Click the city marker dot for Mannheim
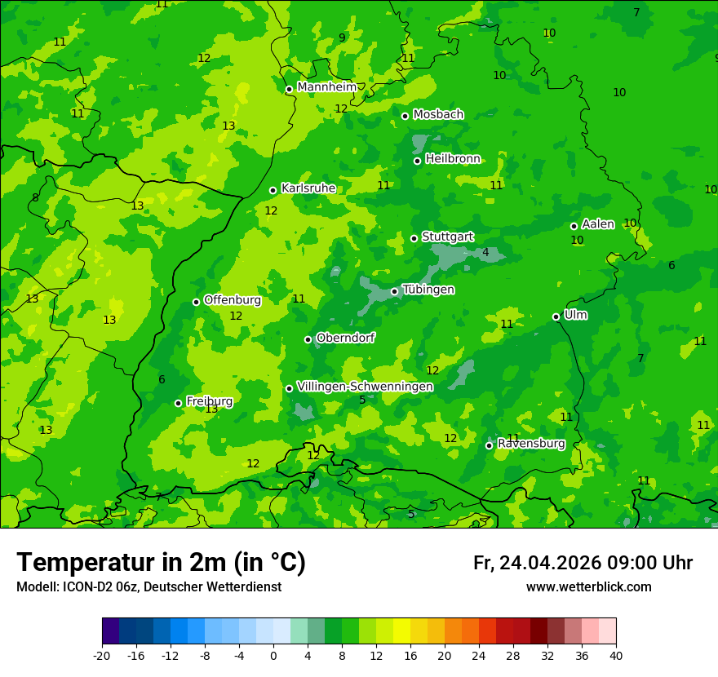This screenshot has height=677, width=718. point(289,90)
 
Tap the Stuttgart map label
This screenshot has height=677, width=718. point(447,237)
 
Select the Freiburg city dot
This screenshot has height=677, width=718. point(178,403)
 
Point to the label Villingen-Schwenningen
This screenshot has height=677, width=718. point(365,387)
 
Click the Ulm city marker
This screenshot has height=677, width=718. point(556,316)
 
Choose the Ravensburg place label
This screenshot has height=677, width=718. point(530,444)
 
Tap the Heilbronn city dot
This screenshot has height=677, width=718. point(417,161)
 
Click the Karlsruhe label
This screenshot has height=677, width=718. point(308,188)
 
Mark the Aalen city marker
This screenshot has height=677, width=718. point(574,226)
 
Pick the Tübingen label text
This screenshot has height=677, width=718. point(428,290)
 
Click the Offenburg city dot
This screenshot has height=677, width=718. point(196,302)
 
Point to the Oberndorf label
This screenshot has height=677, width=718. point(345,338)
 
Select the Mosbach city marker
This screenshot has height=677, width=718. point(405,116)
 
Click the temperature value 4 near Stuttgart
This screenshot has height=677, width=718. point(485,253)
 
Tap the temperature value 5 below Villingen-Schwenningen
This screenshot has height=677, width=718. point(362,400)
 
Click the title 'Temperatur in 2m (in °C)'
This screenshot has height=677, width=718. point(161,562)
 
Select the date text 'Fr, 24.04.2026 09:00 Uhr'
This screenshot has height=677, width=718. point(583,563)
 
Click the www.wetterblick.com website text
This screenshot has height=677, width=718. point(588,587)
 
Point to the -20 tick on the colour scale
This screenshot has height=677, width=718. point(102,655)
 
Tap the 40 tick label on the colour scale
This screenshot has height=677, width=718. point(616,655)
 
